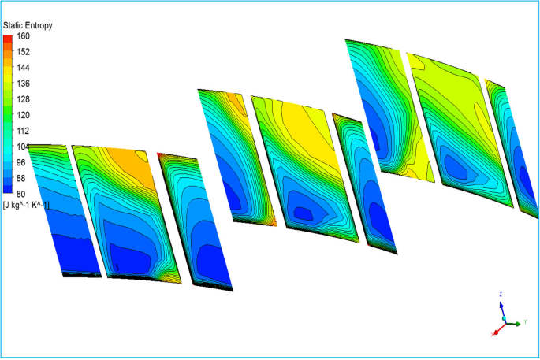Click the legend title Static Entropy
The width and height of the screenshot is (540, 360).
coord(28,25)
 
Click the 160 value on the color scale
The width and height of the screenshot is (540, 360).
coord(23,35)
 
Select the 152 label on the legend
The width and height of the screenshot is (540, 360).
coord(23,52)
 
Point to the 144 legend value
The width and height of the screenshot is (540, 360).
coord(23,68)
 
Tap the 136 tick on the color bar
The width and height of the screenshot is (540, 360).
coord(23,84)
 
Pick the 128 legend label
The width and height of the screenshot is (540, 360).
coord(23,99)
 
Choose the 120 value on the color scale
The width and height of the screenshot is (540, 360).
coord(23,115)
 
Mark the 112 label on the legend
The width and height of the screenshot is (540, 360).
coord(23,131)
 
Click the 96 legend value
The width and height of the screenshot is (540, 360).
coord(21,162)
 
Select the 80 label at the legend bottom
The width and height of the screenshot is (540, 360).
coord(21,194)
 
